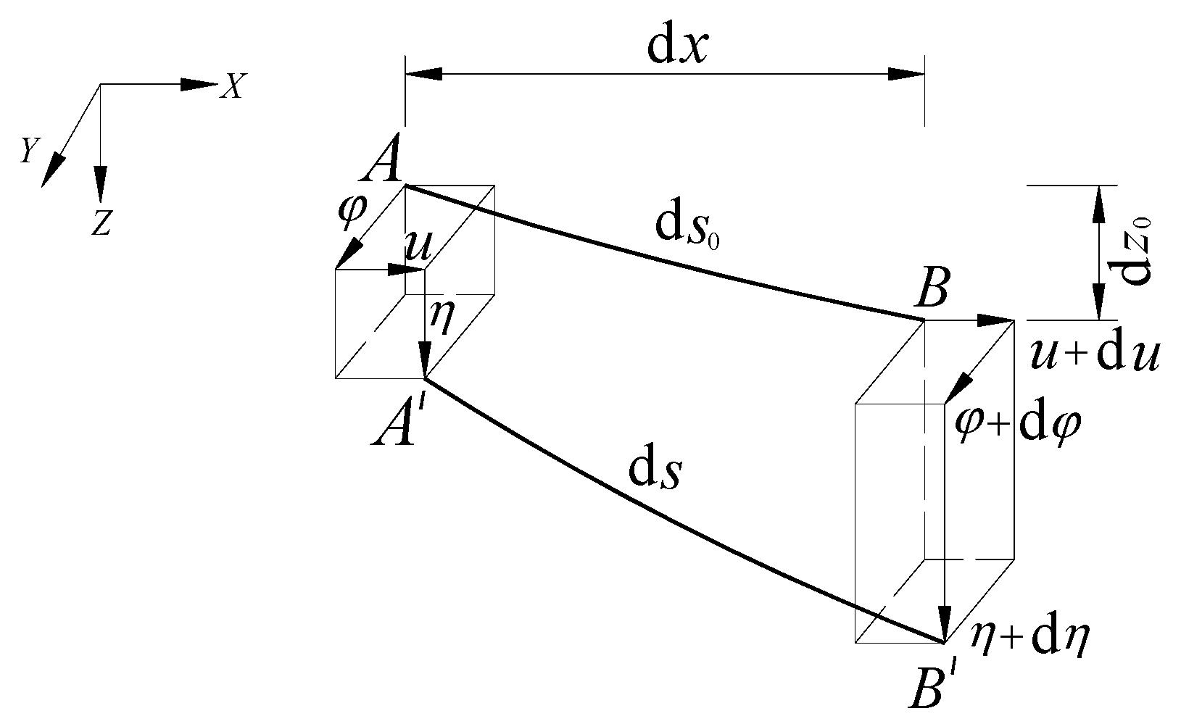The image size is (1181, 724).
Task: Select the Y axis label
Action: [x=28, y=150]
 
